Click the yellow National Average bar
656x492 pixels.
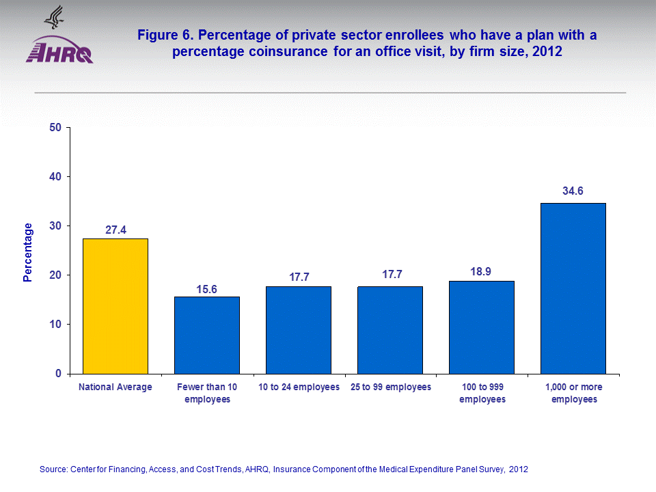click(x=115, y=306)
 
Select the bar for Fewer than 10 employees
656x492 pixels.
click(x=207, y=335)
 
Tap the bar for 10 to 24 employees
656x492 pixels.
click(x=299, y=330)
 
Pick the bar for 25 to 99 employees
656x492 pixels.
click(x=390, y=330)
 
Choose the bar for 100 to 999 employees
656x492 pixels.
click(x=482, y=327)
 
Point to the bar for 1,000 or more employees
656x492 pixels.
click(x=573, y=288)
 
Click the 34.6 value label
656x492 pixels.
click(x=573, y=191)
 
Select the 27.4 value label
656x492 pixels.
click(x=115, y=230)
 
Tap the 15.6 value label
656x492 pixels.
click(x=207, y=290)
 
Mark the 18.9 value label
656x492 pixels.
click(x=482, y=272)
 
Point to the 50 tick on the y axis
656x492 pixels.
click(x=56, y=128)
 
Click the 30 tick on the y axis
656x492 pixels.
click(x=56, y=226)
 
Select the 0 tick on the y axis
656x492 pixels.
click(x=59, y=374)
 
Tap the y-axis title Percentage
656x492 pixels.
click(x=28, y=252)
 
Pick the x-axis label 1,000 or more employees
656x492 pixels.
click(x=574, y=393)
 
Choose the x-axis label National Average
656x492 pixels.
click(x=115, y=387)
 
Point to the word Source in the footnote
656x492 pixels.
click(x=53, y=469)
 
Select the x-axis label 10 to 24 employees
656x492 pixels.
click(x=299, y=387)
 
